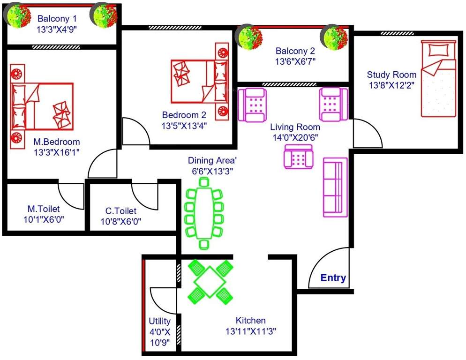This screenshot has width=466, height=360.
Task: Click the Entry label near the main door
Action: pos(333,278)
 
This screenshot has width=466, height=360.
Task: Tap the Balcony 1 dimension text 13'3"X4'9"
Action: pos(57,29)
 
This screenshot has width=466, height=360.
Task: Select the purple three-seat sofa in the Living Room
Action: pos(335,187)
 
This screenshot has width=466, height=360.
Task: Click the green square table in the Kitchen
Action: pos(210,280)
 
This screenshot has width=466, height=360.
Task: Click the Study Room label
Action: pos(391,75)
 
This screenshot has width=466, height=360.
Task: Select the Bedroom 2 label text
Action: pos(184,115)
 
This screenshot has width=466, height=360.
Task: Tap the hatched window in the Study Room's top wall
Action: pos(394,33)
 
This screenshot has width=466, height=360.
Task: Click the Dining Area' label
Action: pos(210,160)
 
